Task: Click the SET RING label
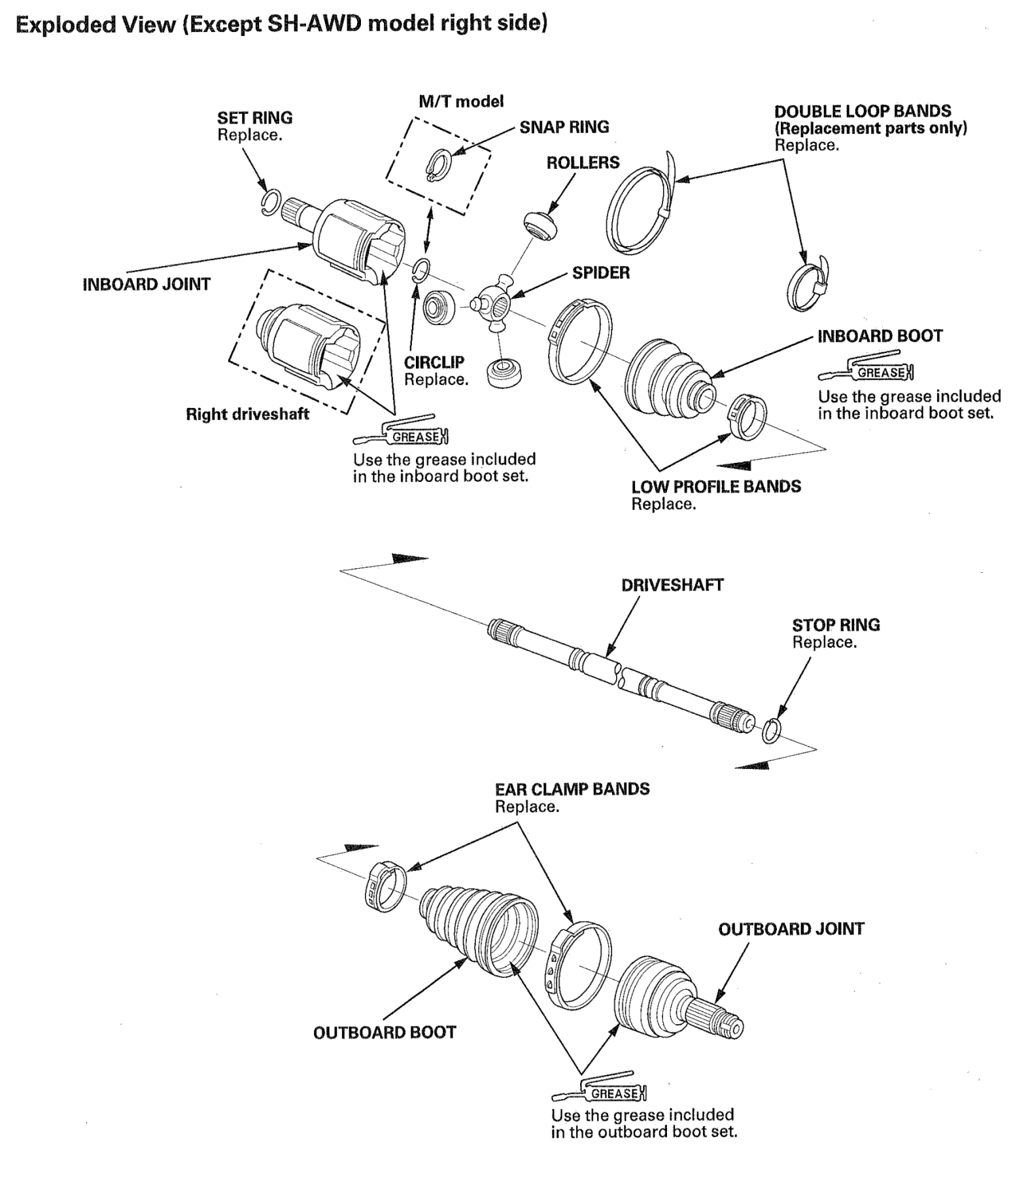coord(255,118)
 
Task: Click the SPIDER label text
coord(601,273)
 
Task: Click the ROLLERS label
coord(583,162)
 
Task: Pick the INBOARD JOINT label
coord(146,284)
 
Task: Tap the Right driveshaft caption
coord(247,414)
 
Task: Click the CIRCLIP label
coord(434,362)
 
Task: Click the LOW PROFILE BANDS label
coord(716,486)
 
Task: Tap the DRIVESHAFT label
coord(672,585)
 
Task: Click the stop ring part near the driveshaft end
coord(772,730)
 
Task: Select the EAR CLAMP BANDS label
coord(572,789)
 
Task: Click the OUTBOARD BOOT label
coord(385,1032)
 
